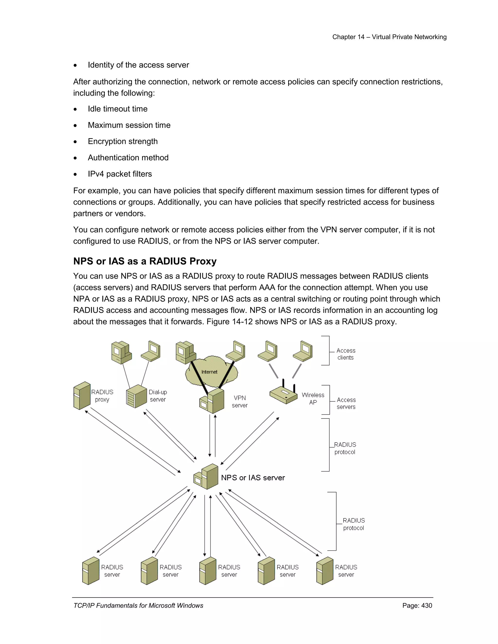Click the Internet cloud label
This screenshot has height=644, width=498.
(x=209, y=372)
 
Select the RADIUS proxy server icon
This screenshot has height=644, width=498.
(x=82, y=395)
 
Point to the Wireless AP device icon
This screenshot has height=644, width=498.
(x=284, y=394)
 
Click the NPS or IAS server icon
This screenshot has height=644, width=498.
(x=206, y=477)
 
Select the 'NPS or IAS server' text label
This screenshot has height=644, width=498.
(x=253, y=478)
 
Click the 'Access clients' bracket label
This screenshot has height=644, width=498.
(x=346, y=354)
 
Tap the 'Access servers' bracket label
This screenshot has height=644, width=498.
(x=346, y=403)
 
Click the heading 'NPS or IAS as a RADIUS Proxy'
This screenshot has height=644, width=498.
(x=145, y=261)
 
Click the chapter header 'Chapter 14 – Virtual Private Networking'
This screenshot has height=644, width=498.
(x=389, y=37)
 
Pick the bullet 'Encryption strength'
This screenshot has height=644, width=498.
(x=123, y=141)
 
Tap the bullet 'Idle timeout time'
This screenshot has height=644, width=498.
(x=117, y=109)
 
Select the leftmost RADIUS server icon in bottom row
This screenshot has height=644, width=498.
(x=90, y=571)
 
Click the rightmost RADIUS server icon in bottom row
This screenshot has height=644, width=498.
(x=325, y=571)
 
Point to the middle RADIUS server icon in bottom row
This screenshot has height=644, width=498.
(x=208, y=571)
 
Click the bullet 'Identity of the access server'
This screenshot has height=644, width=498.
(x=138, y=65)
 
